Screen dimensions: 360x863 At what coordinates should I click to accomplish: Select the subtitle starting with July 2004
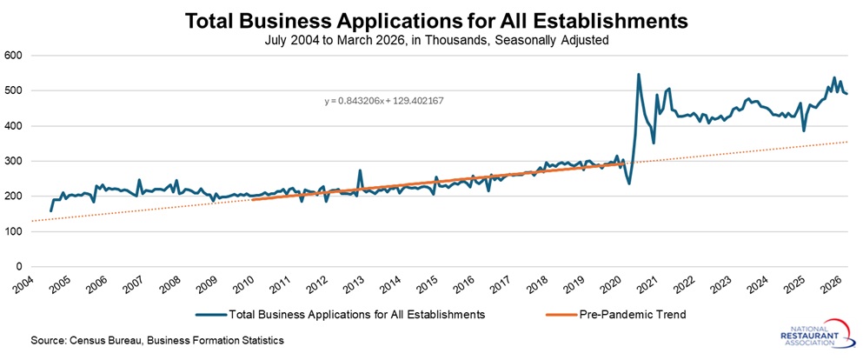pos(431,40)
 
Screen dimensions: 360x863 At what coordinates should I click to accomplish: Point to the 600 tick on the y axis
pos(13,56)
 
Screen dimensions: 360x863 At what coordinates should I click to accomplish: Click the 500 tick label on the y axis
pos(13,90)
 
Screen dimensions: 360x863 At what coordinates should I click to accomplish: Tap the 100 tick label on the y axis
pos(13,232)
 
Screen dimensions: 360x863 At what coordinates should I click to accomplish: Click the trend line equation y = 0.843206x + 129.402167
pos(384,101)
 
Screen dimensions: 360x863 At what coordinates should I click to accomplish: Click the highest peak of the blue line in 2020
pos(639,75)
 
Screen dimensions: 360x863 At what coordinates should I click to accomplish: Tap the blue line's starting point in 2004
pos(50,210)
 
